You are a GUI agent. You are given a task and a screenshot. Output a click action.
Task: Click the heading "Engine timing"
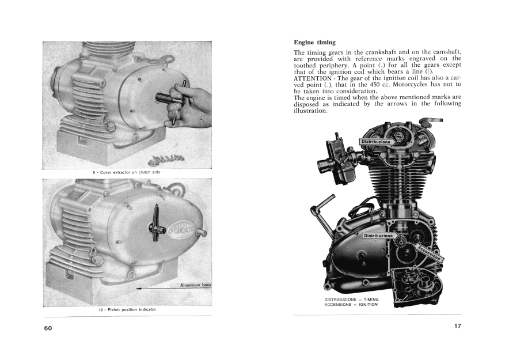coord(314,43)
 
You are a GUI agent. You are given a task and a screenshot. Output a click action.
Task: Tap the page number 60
coord(48,328)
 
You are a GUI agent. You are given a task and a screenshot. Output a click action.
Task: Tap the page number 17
coord(457,326)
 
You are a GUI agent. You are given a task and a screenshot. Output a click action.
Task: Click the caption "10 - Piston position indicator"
coord(127,309)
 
